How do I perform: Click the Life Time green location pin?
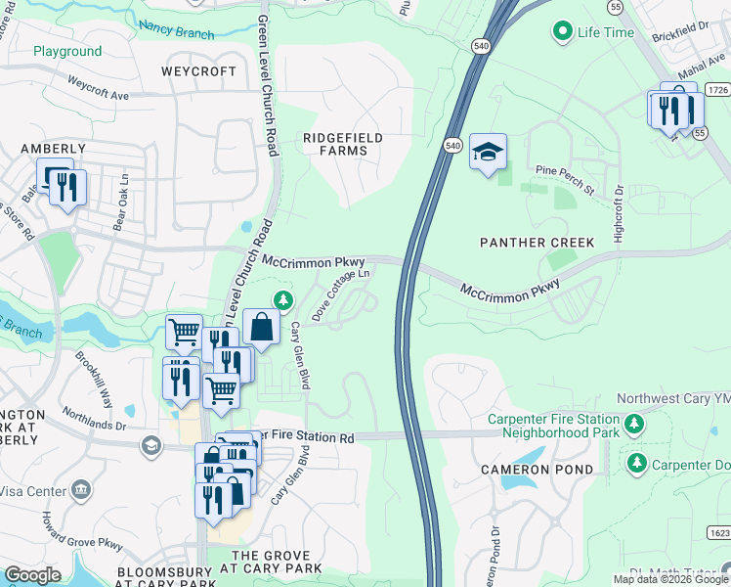pyautogui.click(x=562, y=32)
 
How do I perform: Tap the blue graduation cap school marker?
pyautogui.click(x=488, y=153)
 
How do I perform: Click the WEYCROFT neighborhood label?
pyautogui.click(x=198, y=72)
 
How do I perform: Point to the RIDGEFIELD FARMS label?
pyautogui.click(x=342, y=144)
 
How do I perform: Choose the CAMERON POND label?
pyautogui.click(x=536, y=470)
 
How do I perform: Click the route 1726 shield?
pyautogui.click(x=718, y=89)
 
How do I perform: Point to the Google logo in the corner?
pyautogui.click(x=32, y=575)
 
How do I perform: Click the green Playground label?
pyautogui.click(x=67, y=51)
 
